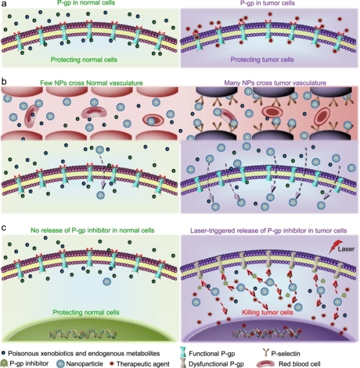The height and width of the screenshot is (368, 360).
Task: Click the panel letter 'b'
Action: click(x=4, y=79)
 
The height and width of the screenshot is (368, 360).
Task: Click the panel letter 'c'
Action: click(x=4, y=228)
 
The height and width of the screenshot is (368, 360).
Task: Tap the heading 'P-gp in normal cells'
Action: click(x=89, y=5)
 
